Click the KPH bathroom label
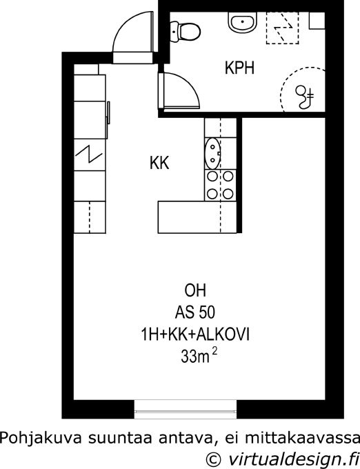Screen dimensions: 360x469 [x=239, y=68]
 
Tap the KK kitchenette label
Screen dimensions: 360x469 [x=159, y=163]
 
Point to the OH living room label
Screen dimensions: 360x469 [x=195, y=291]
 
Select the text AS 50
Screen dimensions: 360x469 [x=195, y=312]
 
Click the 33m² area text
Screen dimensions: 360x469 [x=199, y=356]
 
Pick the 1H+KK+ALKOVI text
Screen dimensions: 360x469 [x=195, y=335]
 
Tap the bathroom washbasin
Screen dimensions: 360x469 [x=243, y=22]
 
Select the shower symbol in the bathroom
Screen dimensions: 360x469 [x=305, y=96]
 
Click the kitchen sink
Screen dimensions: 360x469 [x=212, y=153]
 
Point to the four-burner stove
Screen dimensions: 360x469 [x=221, y=185]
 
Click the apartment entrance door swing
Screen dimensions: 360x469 [x=133, y=37]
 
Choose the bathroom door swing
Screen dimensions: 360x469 [x=179, y=90]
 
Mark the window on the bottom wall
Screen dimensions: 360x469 [x=186, y=410]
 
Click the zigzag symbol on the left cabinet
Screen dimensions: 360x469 [x=89, y=154]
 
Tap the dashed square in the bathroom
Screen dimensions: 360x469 [x=283, y=28]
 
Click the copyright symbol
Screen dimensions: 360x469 [x=214, y=459]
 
